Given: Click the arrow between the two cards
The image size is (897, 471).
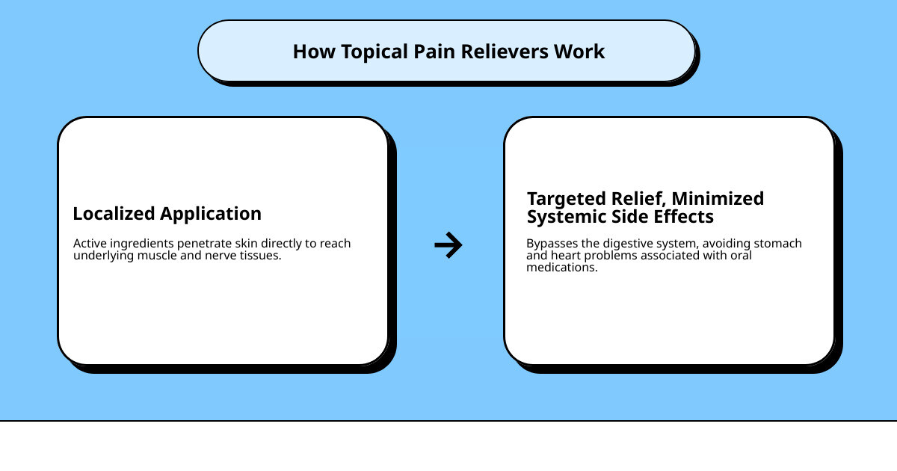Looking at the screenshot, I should pyautogui.click(x=449, y=245).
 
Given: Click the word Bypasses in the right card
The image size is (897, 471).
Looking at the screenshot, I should pyautogui.click(x=551, y=244).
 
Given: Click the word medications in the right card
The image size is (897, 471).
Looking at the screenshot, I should pyautogui.click(x=561, y=268).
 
